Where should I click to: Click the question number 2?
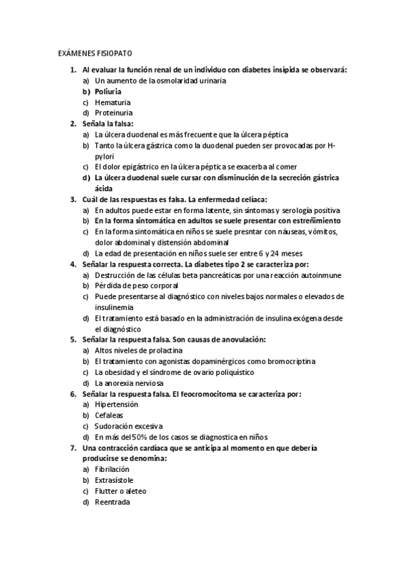point(73,123)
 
